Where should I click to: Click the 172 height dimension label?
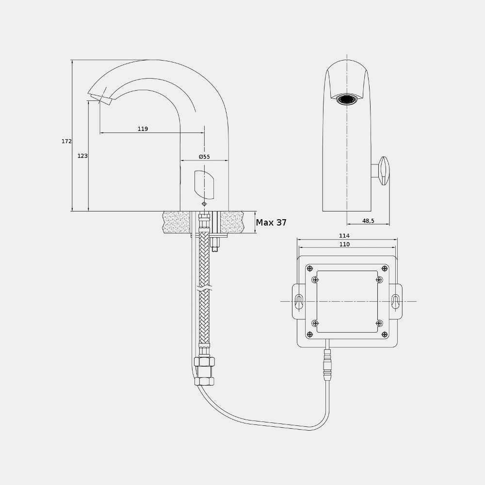[66, 141]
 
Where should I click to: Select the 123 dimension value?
[82, 156]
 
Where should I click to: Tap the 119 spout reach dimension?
[143, 129]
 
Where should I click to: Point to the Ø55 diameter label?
[204, 157]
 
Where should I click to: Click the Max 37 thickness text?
[271, 223]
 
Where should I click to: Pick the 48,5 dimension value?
[368, 221]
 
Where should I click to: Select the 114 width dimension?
[344, 236]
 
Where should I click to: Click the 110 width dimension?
[344, 244]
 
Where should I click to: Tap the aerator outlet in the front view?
[347, 99]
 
